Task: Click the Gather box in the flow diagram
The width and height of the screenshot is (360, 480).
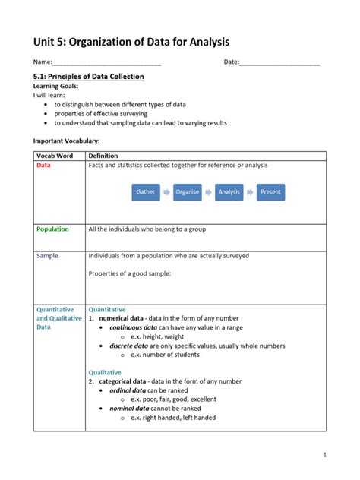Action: (x=146, y=192)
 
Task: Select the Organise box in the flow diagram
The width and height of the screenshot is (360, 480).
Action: (x=188, y=192)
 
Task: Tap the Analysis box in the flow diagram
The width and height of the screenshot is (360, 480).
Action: (x=229, y=192)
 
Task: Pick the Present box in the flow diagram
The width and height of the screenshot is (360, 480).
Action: (x=270, y=192)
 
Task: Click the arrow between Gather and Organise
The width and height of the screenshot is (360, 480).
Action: (x=167, y=192)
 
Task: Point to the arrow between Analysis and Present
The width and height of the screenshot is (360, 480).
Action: (x=250, y=192)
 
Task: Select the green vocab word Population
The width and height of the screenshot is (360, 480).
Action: (x=52, y=229)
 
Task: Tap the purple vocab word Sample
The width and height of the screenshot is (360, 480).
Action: (x=47, y=256)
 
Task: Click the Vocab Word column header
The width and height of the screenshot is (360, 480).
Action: (x=55, y=156)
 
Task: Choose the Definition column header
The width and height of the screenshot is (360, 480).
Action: (x=103, y=156)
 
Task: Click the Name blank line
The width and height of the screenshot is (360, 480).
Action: (x=106, y=62)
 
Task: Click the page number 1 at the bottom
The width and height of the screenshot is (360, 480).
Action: (x=324, y=455)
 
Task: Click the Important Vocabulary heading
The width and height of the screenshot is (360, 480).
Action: (x=66, y=141)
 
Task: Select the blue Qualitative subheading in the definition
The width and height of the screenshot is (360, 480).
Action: (x=105, y=372)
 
